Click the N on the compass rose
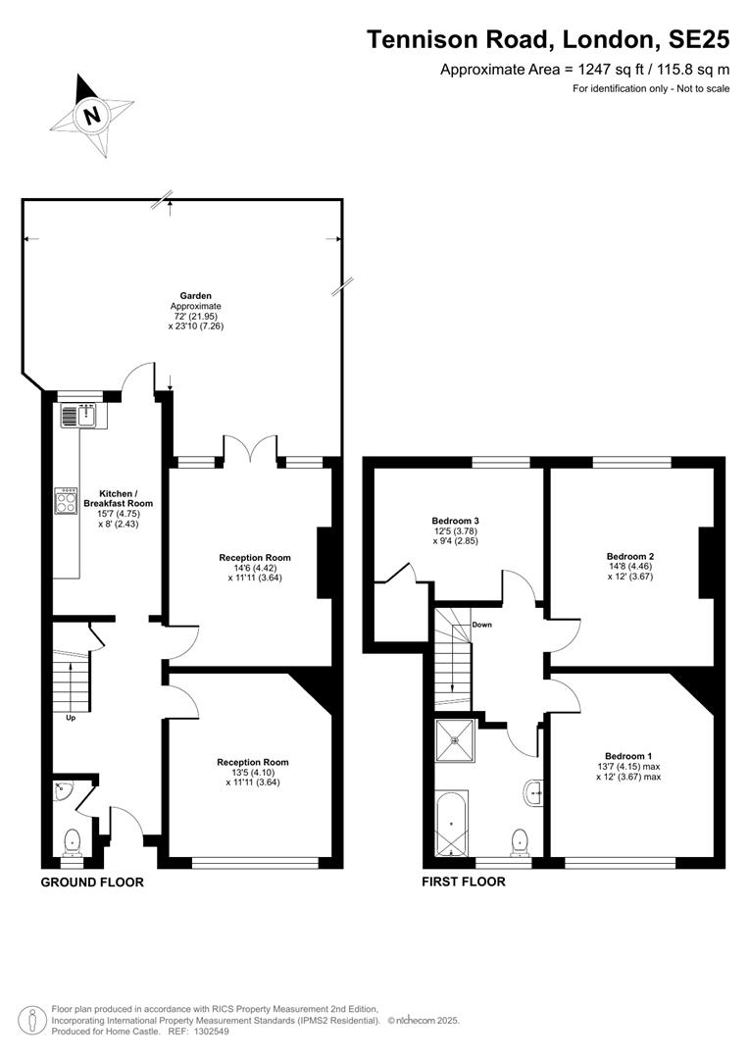pyautogui.click(x=92, y=114)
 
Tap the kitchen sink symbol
pyautogui.click(x=79, y=415)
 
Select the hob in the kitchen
pyautogui.click(x=67, y=501)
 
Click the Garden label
pyautogui.click(x=195, y=296)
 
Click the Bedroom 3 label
pyautogui.click(x=455, y=521)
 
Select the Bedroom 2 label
pyautogui.click(x=630, y=557)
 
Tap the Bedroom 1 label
pyautogui.click(x=628, y=756)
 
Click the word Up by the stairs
pyautogui.click(x=71, y=718)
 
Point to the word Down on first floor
pyautogui.click(x=481, y=625)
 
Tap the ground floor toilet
pyautogui.click(x=72, y=842)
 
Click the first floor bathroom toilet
pyautogui.click(x=520, y=841)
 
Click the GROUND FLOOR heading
pyautogui.click(x=92, y=882)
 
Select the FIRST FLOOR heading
pyautogui.click(x=464, y=882)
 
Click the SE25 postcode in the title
pyautogui.click(x=699, y=40)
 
